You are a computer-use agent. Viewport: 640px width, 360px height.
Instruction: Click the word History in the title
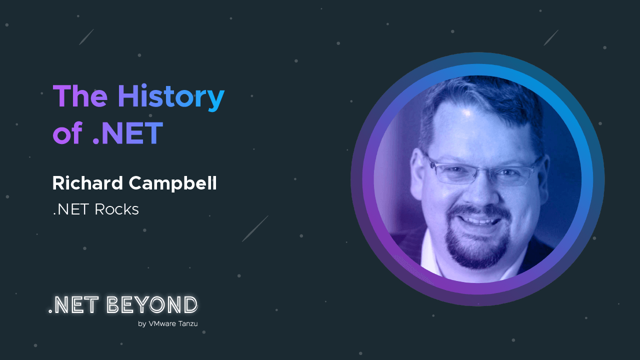click(171, 97)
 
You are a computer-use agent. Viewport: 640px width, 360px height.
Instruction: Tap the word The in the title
click(80, 96)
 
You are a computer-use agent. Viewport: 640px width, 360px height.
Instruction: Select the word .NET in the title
click(128, 133)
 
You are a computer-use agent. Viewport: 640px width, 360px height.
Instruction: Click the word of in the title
click(68, 132)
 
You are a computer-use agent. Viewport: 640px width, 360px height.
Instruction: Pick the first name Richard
click(87, 183)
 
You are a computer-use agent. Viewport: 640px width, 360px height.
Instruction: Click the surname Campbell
click(172, 183)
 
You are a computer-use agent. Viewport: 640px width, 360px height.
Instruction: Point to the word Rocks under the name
click(116, 209)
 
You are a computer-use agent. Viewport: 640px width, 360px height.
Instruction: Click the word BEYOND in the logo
click(152, 304)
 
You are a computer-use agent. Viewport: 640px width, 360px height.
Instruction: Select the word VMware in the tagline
click(162, 323)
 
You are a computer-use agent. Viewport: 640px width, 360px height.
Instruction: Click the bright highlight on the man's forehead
click(467, 113)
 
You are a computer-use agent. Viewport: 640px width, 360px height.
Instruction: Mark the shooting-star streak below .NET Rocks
click(255, 228)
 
